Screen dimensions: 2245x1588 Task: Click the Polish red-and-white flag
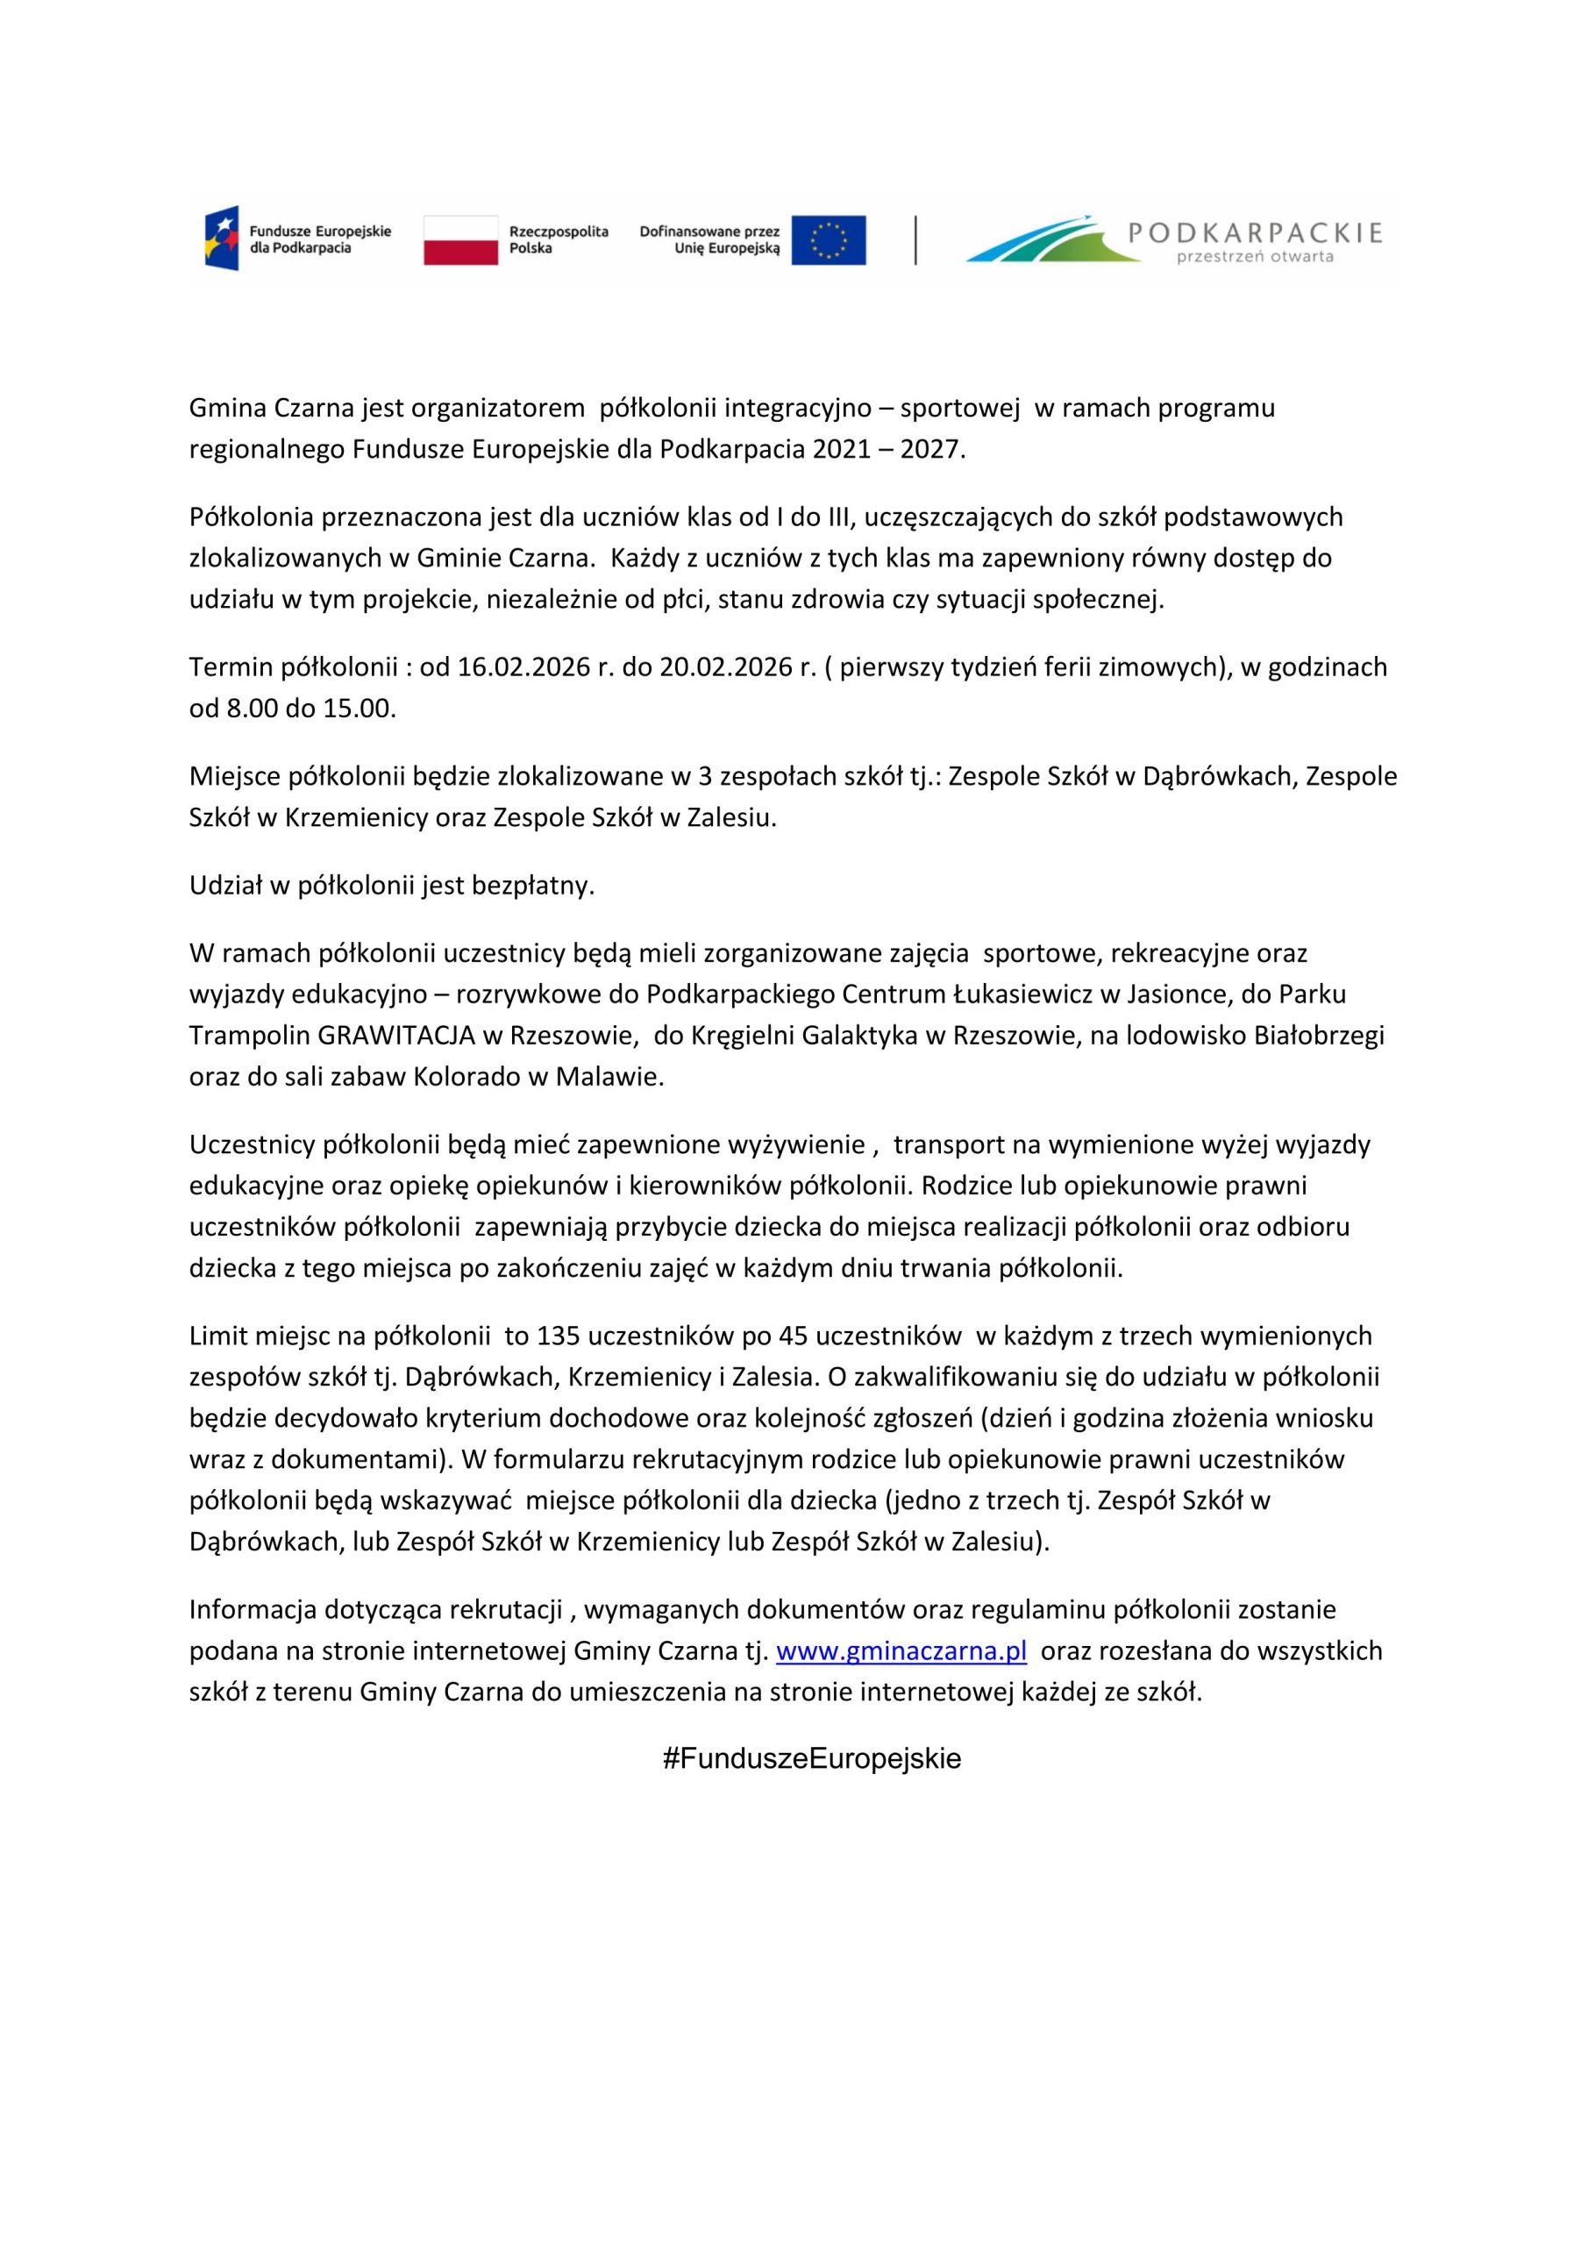(x=459, y=239)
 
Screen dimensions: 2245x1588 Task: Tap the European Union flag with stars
(x=829, y=239)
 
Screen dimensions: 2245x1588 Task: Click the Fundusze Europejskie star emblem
(x=221, y=239)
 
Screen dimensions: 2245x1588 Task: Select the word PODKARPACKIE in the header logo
(x=1255, y=232)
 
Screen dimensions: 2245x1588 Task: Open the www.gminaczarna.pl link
(x=901, y=1651)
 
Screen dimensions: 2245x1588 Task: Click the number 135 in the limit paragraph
(x=559, y=1336)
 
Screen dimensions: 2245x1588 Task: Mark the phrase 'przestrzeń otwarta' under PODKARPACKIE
(x=1256, y=257)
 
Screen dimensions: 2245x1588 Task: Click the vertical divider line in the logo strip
(x=915, y=239)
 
